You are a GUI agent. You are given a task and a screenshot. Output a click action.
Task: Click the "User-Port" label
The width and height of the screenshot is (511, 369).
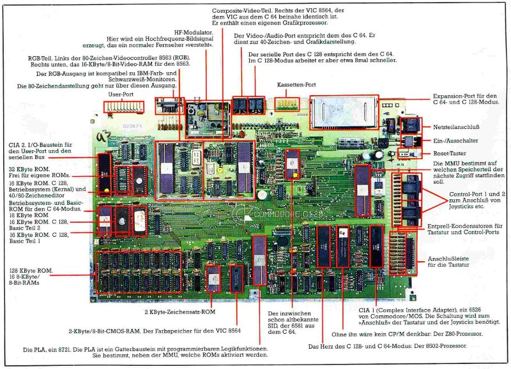pyautogui.click(x=123, y=94)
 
